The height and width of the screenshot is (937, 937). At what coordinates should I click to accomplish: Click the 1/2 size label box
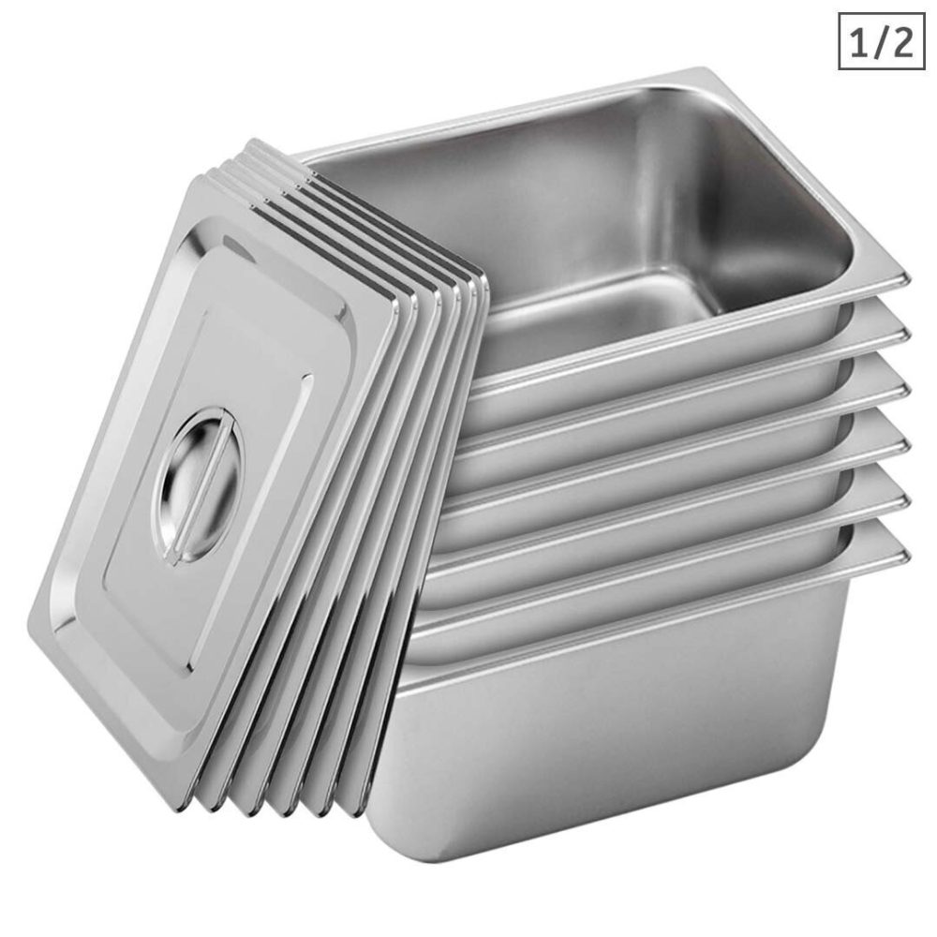point(880,40)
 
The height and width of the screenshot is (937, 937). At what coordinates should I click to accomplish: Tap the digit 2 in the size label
point(901,41)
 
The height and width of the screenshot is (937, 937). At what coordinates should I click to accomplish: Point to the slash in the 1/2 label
point(881,41)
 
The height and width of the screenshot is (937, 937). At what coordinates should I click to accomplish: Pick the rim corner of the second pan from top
point(903,332)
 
